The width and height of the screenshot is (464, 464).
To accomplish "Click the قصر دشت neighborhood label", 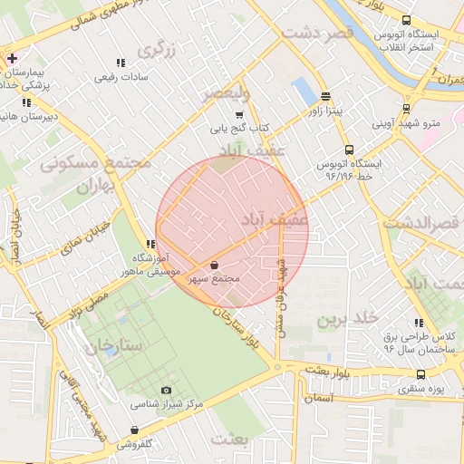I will (315, 33).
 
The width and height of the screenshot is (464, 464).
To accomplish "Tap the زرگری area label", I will (156, 48).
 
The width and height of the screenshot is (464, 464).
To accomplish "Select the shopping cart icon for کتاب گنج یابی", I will (239, 115).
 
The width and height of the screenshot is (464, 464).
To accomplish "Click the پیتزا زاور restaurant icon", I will (325, 98).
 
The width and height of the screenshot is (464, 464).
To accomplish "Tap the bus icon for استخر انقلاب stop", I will (406, 20).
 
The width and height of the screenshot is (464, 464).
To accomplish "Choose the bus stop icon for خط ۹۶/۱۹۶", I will (348, 150).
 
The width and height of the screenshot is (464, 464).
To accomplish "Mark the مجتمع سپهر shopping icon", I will (214, 266).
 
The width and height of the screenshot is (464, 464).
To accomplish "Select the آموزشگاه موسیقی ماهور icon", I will (150, 244).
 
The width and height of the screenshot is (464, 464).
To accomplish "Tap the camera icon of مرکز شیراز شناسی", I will (166, 391).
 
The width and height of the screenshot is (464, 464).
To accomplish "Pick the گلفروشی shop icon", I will (134, 430).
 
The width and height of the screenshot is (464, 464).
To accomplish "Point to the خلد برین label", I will (345, 319).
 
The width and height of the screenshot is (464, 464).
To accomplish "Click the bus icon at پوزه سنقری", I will (420, 374).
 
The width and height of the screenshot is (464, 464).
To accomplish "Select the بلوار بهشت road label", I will (328, 370).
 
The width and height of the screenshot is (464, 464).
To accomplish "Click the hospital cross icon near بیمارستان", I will (10, 60).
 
